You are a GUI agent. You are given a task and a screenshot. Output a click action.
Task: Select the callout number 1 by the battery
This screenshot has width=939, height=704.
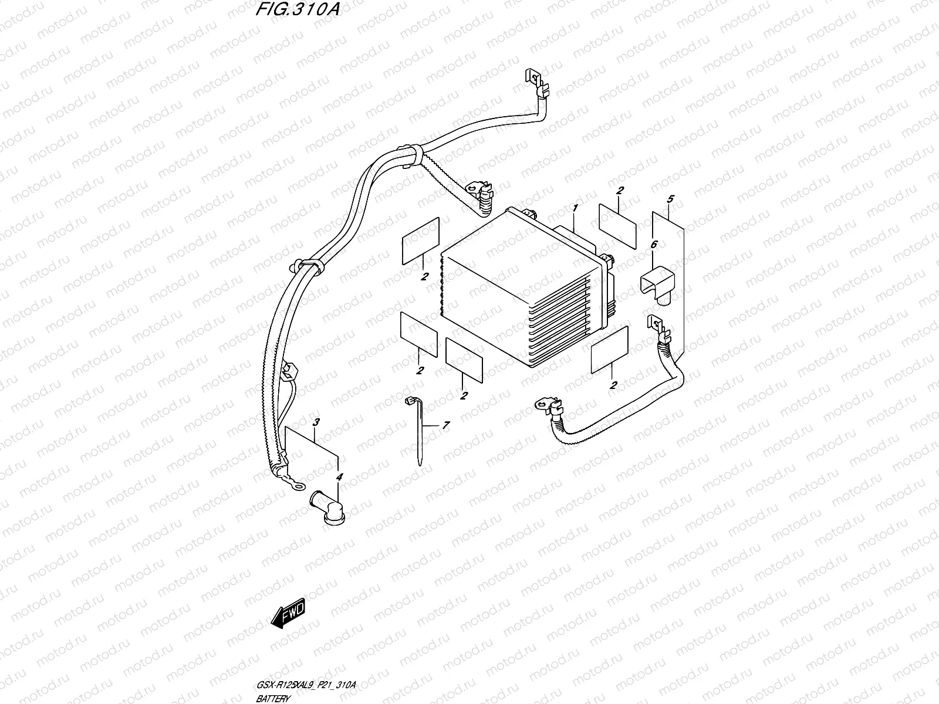(x=576, y=208)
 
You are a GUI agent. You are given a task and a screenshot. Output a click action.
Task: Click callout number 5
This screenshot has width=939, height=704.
(x=670, y=199)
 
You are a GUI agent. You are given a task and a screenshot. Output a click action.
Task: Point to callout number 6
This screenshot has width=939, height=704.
(x=654, y=245)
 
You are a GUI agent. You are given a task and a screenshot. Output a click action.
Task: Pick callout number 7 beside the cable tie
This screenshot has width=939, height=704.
(x=446, y=425)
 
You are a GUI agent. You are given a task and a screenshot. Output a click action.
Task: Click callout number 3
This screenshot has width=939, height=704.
(x=316, y=422)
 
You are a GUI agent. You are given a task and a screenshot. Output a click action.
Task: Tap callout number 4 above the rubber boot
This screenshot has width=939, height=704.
(x=339, y=478)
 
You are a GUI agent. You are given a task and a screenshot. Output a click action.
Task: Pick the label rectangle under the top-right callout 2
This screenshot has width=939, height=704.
(x=617, y=226)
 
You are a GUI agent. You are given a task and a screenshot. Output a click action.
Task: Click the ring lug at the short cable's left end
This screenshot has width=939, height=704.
(x=545, y=404)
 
